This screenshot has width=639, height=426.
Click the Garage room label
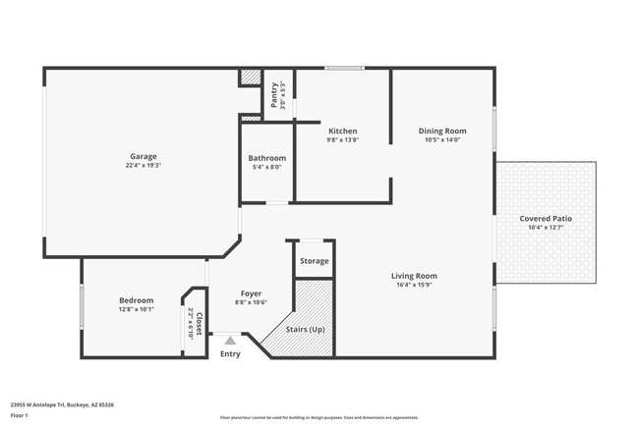point(144,156)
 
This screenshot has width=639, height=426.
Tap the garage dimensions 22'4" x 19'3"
point(144,166)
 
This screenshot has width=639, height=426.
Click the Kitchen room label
point(342,131)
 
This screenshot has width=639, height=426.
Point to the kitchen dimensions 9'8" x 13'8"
point(342,140)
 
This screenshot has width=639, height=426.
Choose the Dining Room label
point(441,131)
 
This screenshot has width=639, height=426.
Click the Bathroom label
point(266,158)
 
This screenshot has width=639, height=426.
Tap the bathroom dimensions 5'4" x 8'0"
point(266,168)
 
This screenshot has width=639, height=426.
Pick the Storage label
point(314,261)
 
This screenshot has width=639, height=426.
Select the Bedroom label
point(136,300)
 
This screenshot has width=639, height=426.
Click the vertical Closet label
point(199,323)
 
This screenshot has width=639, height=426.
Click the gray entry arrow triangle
point(230,340)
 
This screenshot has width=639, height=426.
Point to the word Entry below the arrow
point(230,353)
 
